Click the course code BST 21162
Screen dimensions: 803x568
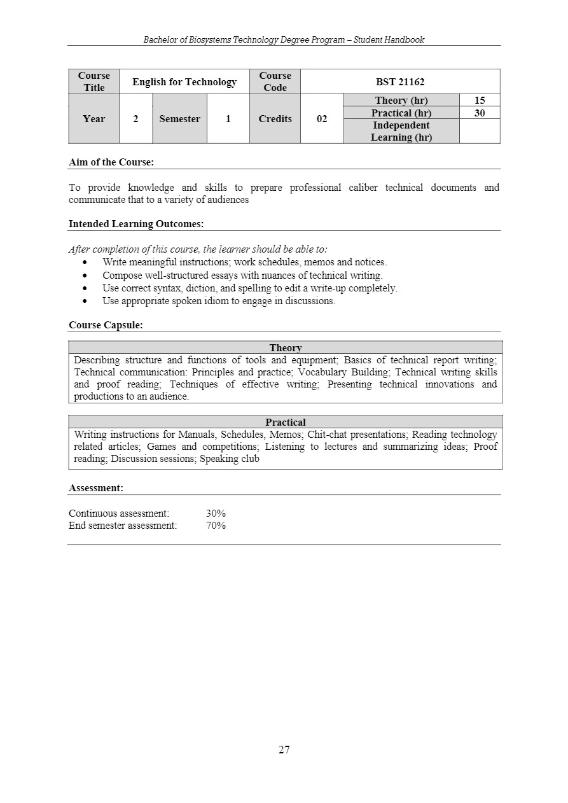[x=400, y=81]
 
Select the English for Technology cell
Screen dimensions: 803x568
[x=184, y=81]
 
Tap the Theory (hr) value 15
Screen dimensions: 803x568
[x=480, y=101]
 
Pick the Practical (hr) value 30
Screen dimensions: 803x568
[x=480, y=113]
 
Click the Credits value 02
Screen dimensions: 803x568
[x=322, y=119]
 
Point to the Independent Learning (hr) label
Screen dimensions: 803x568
[x=401, y=131]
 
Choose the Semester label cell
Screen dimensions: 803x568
[x=179, y=119]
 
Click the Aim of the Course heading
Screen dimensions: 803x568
[x=111, y=162]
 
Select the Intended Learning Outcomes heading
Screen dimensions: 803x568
[x=136, y=223]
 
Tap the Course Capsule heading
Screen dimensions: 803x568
[x=106, y=325]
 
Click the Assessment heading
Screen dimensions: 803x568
[x=96, y=488]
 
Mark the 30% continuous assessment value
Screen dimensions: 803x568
[x=216, y=513]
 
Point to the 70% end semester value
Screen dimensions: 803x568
[x=216, y=526]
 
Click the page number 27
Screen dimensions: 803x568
[x=284, y=750]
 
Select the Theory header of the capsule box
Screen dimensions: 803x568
[x=286, y=347]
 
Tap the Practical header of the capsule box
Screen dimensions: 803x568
[x=286, y=422]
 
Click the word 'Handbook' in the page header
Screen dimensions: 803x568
[x=405, y=39]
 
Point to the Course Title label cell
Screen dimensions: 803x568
[x=94, y=81]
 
